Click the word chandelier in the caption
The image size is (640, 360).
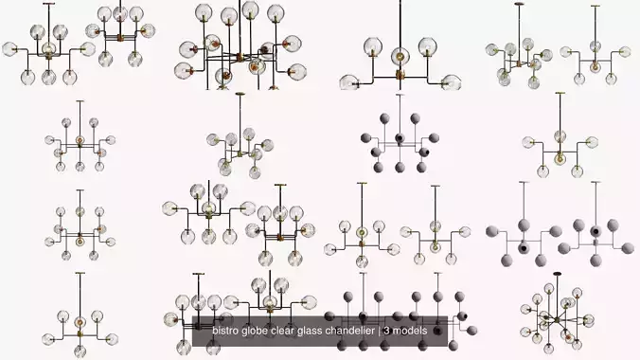tap(358, 332)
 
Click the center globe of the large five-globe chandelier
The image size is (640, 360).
tap(400, 53)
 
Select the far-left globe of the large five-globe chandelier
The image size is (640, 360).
tap(357, 83)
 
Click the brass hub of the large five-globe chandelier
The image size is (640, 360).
tap(400, 74)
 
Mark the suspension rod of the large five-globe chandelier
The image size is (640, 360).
tap(400, 24)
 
